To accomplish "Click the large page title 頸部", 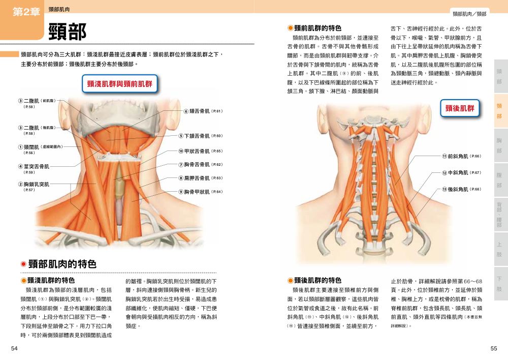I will point(67,32).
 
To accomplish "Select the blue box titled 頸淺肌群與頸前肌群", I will point(119,83).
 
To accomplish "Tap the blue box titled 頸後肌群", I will point(459,108).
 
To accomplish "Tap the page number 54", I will point(14,348).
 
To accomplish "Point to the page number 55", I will point(493,348).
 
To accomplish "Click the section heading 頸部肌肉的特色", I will point(62,264).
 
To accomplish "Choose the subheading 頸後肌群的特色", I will point(317,280).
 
